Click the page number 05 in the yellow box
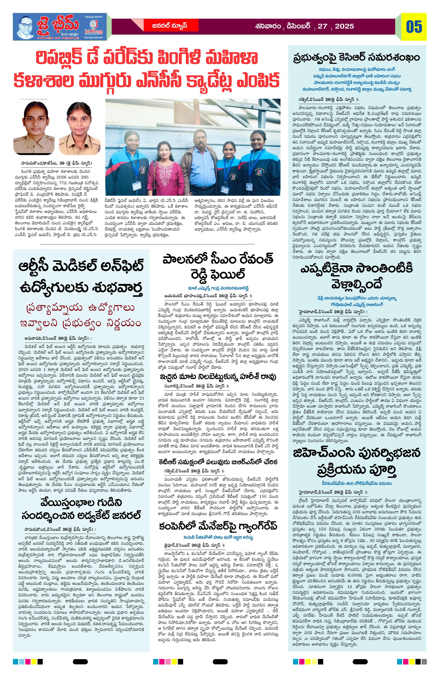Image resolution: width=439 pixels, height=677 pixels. tap(414, 27)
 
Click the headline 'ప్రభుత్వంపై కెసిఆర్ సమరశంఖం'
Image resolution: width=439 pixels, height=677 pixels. tap(357, 58)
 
